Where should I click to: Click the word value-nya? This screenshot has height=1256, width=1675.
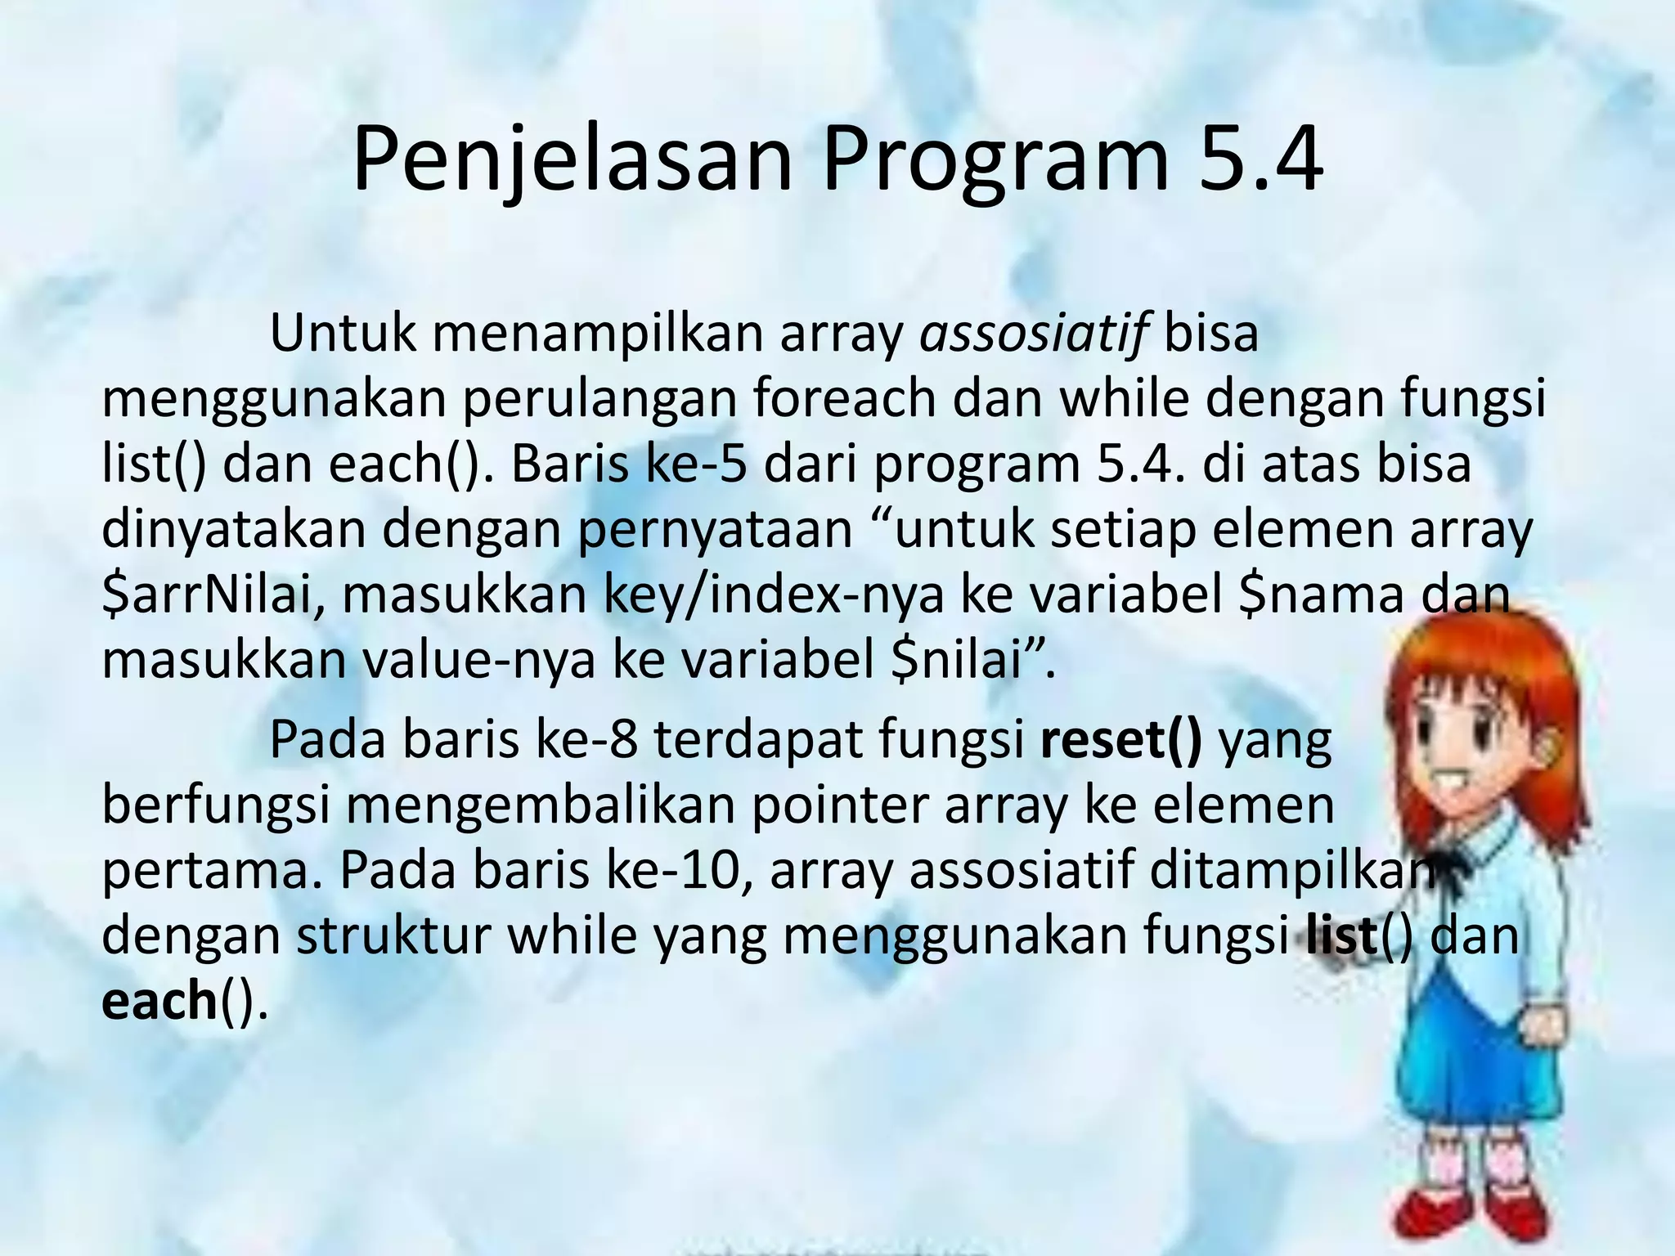(x=478, y=660)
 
